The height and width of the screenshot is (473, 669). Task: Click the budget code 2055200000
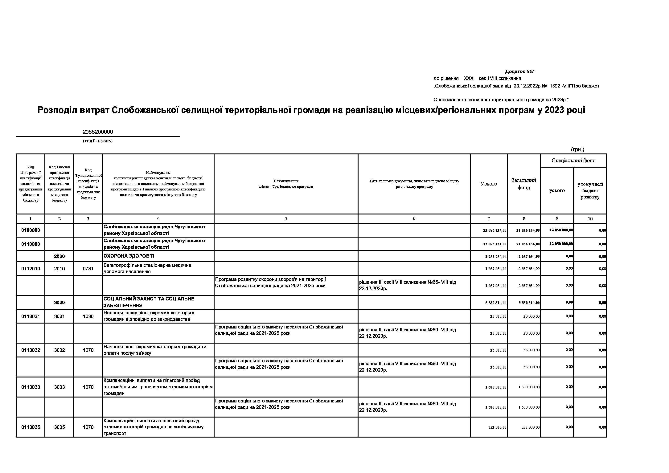(x=98, y=132)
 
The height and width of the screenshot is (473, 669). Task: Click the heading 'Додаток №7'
(x=519, y=71)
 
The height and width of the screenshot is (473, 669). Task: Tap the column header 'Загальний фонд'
(x=524, y=184)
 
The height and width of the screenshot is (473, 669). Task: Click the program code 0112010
(x=31, y=269)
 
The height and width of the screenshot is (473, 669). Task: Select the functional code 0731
(x=88, y=269)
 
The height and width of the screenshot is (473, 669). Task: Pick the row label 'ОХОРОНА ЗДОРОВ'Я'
(x=129, y=256)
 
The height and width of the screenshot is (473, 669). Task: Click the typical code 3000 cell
(x=60, y=302)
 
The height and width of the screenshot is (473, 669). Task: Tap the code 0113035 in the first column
(x=31, y=427)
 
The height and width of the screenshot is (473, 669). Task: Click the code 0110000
(x=31, y=244)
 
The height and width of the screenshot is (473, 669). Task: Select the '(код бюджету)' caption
(x=98, y=141)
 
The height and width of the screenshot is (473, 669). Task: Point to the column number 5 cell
(x=286, y=219)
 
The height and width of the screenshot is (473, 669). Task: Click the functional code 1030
(x=88, y=316)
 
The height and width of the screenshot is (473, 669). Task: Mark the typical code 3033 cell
(x=60, y=387)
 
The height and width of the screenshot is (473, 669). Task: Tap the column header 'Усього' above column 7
(x=489, y=184)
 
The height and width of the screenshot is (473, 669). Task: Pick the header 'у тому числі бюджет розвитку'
(x=590, y=190)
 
